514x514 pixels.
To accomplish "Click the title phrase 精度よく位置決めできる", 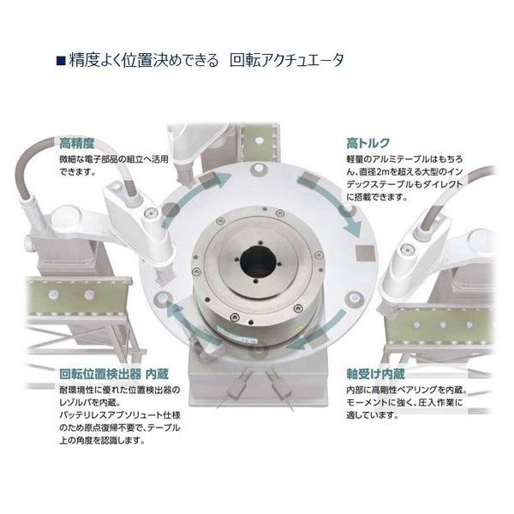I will coord(142,61).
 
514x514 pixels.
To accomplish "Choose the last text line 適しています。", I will coord(374,416).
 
